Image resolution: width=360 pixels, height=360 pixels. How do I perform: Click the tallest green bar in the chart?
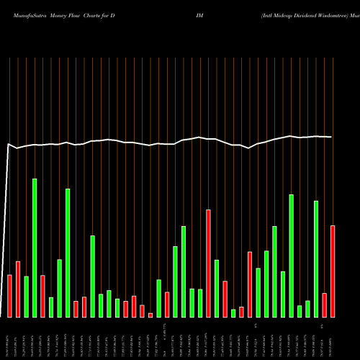pos(35,248)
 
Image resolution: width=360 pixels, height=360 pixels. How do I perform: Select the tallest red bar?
pos(208,264)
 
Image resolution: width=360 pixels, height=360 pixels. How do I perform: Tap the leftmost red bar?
pos(9,296)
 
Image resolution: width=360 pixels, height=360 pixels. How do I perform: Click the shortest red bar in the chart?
pos(150,315)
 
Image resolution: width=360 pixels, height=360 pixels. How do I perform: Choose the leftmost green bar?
pos(26,297)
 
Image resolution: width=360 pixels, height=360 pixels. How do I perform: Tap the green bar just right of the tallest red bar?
pos(217,288)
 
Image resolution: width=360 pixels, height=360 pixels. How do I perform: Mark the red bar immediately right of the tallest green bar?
pos(42,296)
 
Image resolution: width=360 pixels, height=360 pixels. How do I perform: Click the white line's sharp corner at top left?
pos(9,145)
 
